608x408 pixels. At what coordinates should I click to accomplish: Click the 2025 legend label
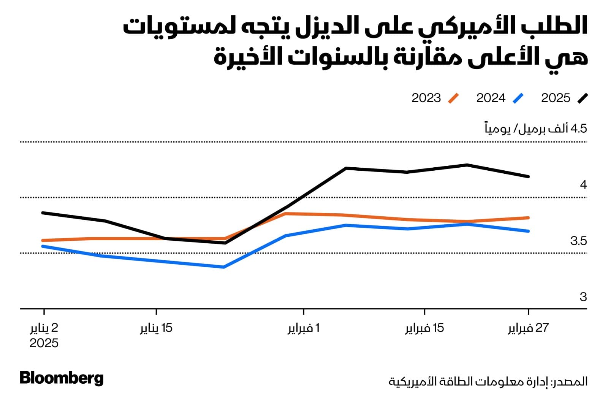556,98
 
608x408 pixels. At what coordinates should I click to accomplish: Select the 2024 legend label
491,98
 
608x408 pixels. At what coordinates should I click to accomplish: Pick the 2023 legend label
426,98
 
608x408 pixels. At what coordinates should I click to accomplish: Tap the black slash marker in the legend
582,98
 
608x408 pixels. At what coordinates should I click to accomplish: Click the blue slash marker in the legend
518,98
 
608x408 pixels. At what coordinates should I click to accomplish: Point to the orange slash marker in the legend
453,98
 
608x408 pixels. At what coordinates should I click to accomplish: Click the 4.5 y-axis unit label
536,129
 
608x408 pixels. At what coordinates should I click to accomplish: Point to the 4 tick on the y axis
583,185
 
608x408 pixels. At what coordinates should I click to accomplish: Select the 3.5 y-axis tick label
578,241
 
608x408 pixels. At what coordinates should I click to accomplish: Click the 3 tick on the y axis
583,297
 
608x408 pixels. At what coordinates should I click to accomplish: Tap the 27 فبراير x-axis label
528,328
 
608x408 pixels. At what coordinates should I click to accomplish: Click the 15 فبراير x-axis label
424,328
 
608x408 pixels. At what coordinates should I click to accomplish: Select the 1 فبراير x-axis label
303,328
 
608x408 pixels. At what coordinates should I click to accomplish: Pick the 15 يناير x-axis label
156,328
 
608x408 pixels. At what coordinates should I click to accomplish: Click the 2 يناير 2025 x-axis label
44,335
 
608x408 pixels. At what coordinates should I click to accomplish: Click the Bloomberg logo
62,378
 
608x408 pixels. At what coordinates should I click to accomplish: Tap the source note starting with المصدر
488,381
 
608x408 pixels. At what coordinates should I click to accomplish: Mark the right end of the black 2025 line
529,176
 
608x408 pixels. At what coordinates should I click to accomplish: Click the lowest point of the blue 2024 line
224,267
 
